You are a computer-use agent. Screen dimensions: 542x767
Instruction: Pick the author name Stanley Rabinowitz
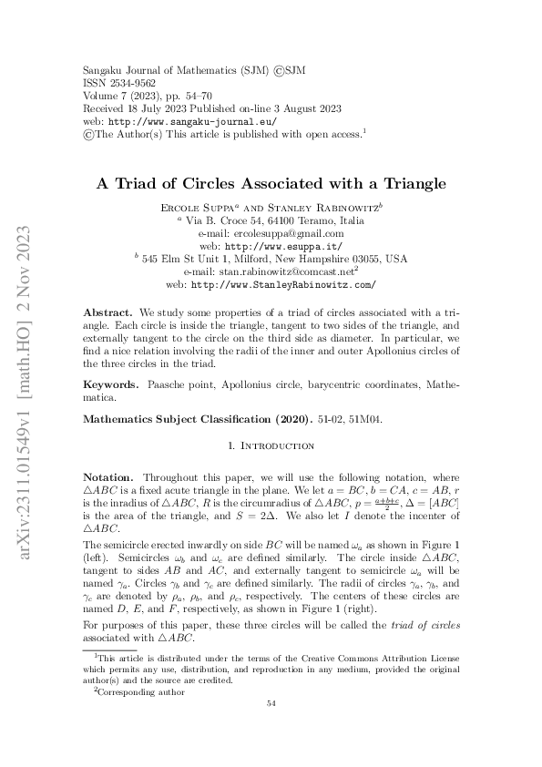[319, 209]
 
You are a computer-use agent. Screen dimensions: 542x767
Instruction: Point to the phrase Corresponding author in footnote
[142, 692]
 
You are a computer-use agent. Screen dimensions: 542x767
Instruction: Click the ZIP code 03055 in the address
[365, 259]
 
